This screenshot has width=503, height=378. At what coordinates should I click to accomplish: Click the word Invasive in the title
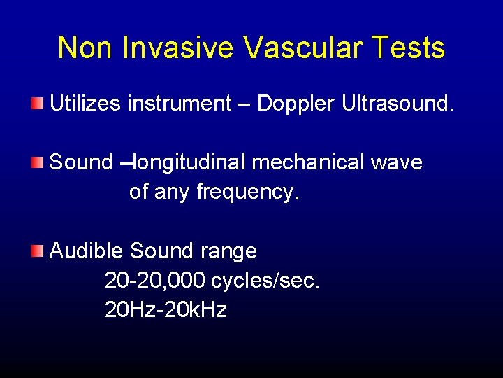click(180, 48)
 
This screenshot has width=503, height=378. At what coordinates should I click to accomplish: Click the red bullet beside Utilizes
click(38, 105)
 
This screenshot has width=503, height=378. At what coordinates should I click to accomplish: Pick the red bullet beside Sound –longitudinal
click(38, 163)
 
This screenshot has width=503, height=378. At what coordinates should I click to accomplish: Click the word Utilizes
click(85, 104)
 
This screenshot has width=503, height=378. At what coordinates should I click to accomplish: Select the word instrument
click(179, 104)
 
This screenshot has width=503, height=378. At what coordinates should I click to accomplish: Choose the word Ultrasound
click(398, 104)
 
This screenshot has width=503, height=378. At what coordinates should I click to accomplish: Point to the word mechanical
click(307, 162)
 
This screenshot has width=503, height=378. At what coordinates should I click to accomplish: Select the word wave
click(396, 162)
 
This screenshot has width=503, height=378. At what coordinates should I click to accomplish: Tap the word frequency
click(247, 192)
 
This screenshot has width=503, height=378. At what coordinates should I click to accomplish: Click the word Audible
click(87, 251)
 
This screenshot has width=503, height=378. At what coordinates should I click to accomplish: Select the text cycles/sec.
click(265, 280)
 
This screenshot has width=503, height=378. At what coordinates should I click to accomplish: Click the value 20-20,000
click(154, 280)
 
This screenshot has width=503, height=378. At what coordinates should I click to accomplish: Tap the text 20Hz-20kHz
click(166, 309)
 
